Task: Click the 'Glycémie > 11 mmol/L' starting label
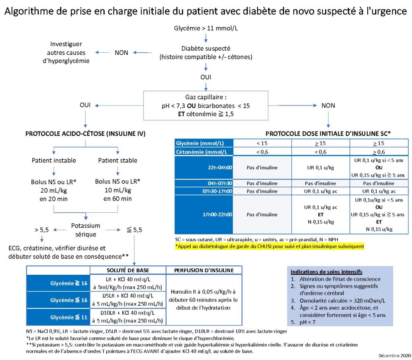click(x=206, y=28)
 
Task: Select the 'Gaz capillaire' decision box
click(x=206, y=106)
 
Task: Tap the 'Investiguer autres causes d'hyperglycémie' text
click(x=66, y=52)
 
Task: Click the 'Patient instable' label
click(x=54, y=160)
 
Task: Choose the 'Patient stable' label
click(x=117, y=160)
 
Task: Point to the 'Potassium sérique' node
click(x=86, y=230)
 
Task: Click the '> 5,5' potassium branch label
click(x=42, y=230)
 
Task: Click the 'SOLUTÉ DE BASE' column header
click(x=128, y=270)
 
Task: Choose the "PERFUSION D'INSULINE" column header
click(x=204, y=270)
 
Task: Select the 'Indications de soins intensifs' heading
click(x=326, y=272)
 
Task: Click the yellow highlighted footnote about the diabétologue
click(x=270, y=247)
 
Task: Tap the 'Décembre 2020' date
click(x=393, y=356)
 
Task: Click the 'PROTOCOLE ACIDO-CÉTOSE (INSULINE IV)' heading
click(x=85, y=134)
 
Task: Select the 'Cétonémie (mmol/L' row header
click(x=202, y=152)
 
